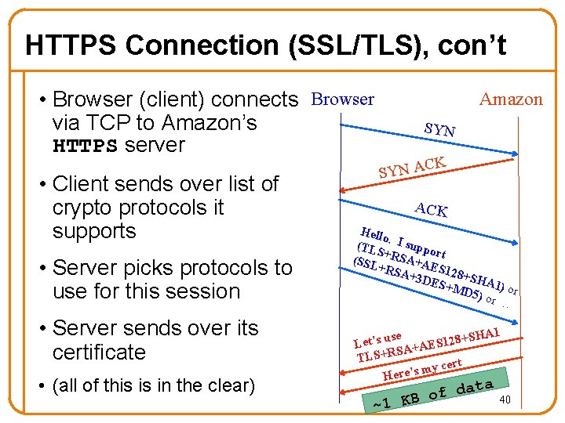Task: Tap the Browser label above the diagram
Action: point(342,99)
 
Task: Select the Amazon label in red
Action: point(511,99)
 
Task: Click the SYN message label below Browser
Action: point(439,129)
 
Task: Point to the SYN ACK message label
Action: point(413,166)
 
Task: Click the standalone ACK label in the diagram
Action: point(431,209)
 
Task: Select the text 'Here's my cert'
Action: point(421,368)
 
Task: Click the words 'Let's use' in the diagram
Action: point(377,339)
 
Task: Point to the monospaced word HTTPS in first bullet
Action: point(85,146)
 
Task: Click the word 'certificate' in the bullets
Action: point(99,352)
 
